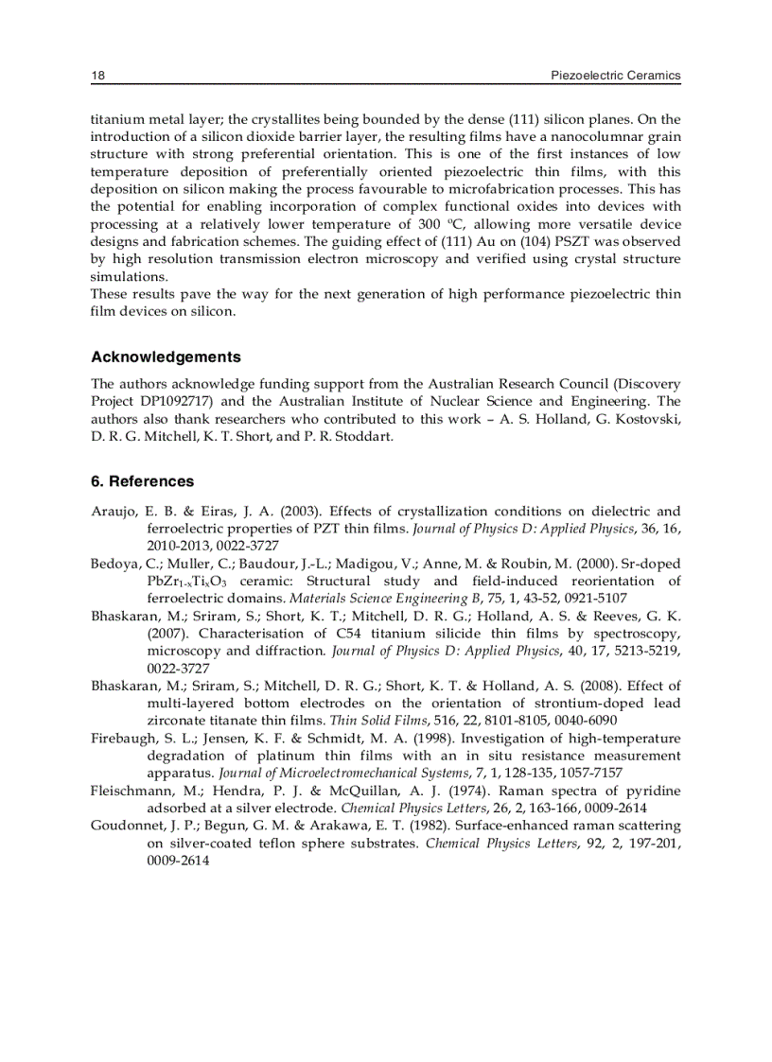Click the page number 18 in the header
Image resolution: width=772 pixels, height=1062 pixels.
pyautogui.click(x=97, y=76)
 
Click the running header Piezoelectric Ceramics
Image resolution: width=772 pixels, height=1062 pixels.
pyautogui.click(x=616, y=76)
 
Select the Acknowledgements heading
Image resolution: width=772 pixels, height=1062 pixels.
pyautogui.click(x=166, y=357)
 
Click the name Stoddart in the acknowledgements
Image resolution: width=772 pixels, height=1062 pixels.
pyautogui.click(x=360, y=436)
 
